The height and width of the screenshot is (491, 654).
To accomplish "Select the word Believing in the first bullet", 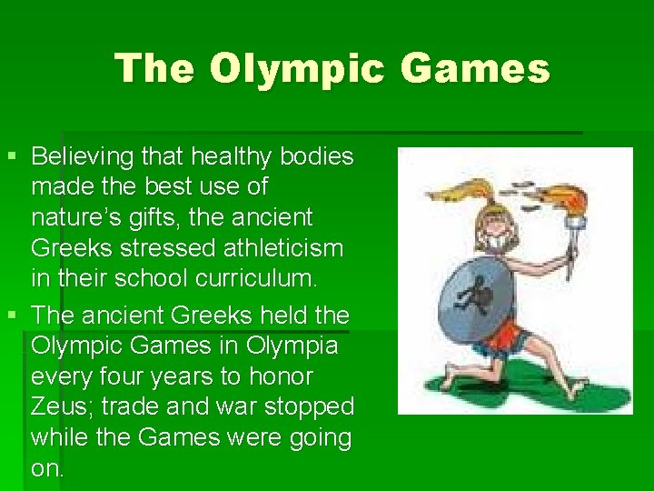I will (84, 156).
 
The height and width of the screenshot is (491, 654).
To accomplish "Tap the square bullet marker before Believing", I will (11, 156).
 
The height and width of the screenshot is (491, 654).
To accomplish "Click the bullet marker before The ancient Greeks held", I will (11, 316).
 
